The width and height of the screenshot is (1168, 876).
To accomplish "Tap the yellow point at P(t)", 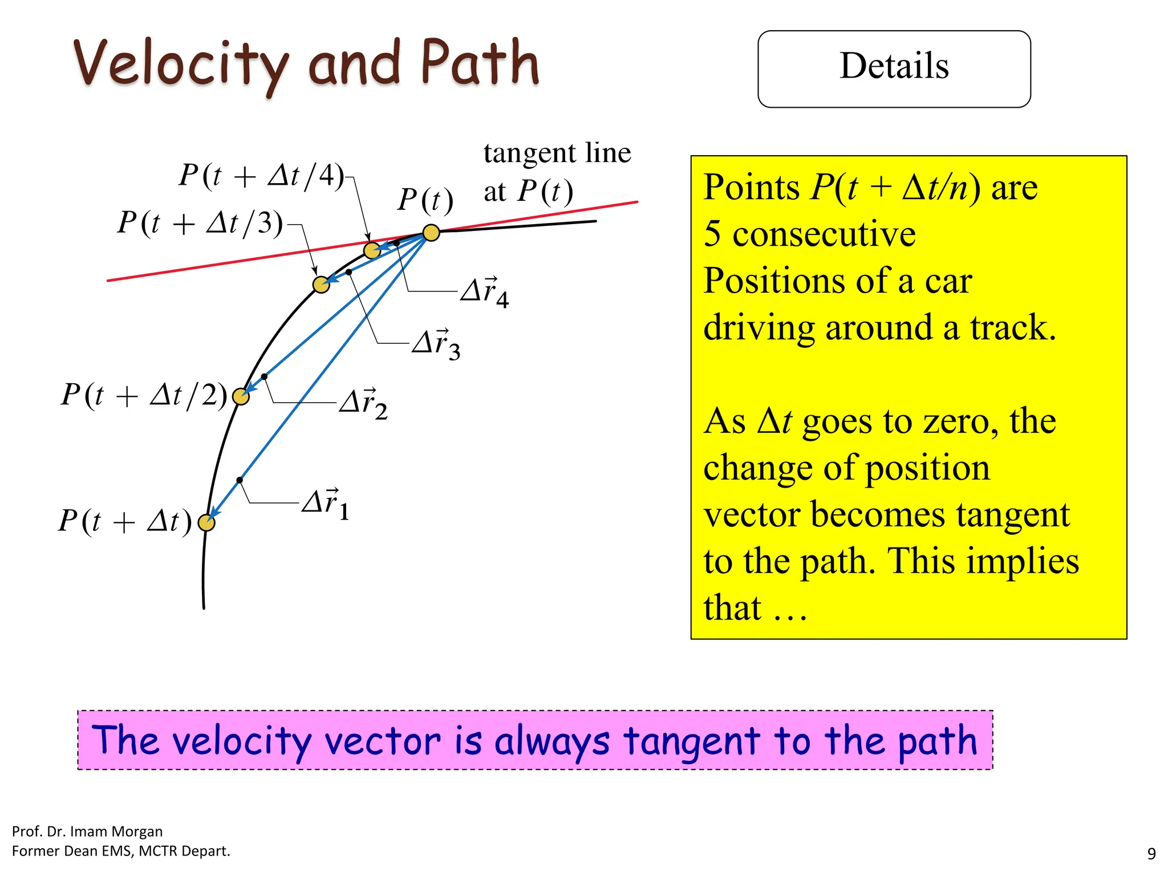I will [x=431, y=233].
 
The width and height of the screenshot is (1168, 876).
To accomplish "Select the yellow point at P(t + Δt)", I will [x=206, y=522].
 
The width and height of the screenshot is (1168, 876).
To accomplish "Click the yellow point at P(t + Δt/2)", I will [x=241, y=396].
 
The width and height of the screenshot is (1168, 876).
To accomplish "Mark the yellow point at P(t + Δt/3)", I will [x=322, y=285].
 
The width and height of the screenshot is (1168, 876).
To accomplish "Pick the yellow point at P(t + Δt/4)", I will [x=372, y=250].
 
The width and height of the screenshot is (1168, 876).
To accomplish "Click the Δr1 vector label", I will [x=326, y=504].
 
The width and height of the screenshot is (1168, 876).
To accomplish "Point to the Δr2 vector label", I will [x=363, y=403].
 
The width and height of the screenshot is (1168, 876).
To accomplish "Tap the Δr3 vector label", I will [x=436, y=344].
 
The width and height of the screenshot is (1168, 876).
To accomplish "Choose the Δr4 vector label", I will [x=485, y=291].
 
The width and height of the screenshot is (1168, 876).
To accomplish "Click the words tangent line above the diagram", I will [x=557, y=153].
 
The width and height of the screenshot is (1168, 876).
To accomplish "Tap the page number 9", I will [x=1151, y=854].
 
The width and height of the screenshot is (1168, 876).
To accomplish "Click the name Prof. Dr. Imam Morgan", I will [x=87, y=831].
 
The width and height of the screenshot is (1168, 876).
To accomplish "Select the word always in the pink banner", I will [x=551, y=741].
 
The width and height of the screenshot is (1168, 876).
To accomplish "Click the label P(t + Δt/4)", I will [x=262, y=175].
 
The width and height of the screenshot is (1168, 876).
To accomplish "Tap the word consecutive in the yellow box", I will [x=824, y=234].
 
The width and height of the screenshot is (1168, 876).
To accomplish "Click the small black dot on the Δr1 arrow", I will [x=240, y=480].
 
